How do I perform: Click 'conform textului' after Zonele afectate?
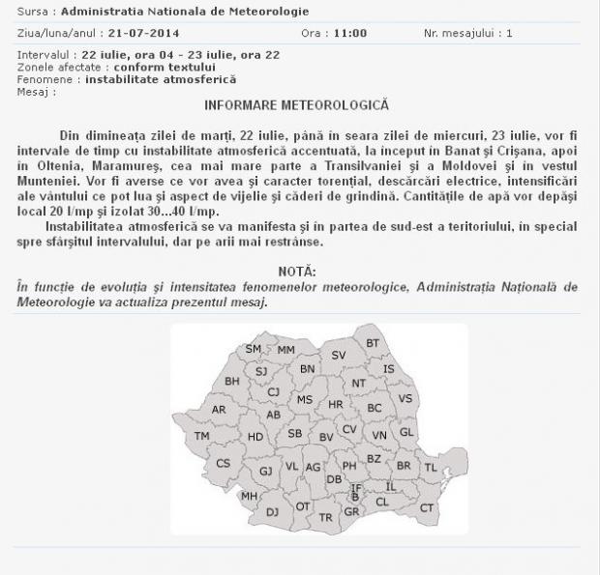pyautogui.click(x=165, y=68)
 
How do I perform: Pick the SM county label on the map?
pyautogui.click(x=254, y=349)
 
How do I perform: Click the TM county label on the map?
pyautogui.click(x=202, y=436)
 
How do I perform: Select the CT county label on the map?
pyautogui.click(x=427, y=507)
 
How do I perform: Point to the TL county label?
pyautogui.click(x=431, y=468)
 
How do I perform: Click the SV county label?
pyautogui.click(x=339, y=356)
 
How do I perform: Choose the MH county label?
pyautogui.click(x=249, y=497)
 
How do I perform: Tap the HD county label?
pyautogui.click(x=255, y=437)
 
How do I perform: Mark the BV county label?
pyautogui.click(x=326, y=438)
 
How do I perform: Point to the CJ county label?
pyautogui.click(x=274, y=391)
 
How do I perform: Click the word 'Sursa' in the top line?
pyautogui.click(x=33, y=12)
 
